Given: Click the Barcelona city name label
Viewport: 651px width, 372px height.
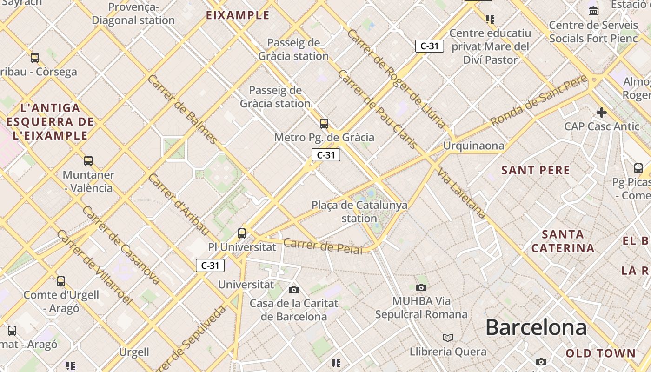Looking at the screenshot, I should (536, 327).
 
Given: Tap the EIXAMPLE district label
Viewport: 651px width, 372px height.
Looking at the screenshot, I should (238, 15).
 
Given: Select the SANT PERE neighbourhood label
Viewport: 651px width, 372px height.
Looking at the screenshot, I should (536, 170).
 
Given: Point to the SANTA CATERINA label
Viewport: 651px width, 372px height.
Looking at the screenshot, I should (563, 241).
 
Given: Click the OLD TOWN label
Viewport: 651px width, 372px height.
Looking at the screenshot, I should (600, 353).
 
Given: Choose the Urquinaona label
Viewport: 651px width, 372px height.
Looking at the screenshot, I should (473, 146).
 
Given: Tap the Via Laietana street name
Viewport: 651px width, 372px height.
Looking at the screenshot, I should (461, 193).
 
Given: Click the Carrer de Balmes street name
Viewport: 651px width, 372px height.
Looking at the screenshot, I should (182, 109).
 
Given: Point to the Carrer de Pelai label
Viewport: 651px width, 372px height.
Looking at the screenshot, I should (322, 246).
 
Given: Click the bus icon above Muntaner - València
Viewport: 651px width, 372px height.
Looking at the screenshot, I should (88, 161).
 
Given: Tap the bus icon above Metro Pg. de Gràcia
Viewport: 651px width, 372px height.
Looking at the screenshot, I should (324, 124).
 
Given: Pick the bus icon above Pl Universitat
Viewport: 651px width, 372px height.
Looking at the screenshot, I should (242, 233).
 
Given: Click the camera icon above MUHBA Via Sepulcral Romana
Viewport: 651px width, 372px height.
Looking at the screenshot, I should (421, 288).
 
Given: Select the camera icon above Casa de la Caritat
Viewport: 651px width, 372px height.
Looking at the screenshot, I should (294, 290).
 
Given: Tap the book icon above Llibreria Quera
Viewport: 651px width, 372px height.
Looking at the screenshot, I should (448, 338).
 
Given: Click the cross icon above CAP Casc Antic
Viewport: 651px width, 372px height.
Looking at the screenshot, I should (602, 113).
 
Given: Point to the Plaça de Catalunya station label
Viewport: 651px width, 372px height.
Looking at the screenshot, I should (359, 212).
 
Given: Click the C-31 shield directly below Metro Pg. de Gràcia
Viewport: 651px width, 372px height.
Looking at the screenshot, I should (326, 155).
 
